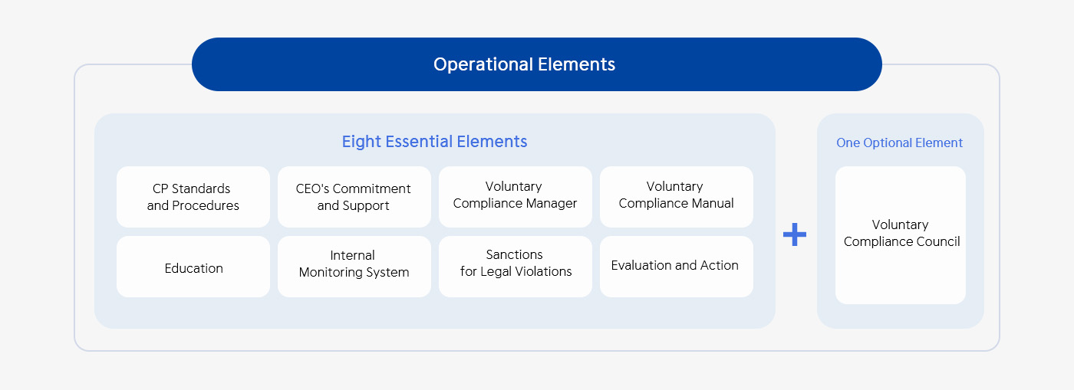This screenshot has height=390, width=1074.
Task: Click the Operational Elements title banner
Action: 536,64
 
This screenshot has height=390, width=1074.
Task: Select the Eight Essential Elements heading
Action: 434,142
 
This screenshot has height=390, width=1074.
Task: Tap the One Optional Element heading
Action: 899,143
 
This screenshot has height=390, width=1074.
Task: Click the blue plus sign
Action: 795,234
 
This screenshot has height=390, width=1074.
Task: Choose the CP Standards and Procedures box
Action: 193,197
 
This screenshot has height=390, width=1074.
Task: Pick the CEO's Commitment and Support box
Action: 354,197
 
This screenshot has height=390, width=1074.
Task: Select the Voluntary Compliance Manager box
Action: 516,197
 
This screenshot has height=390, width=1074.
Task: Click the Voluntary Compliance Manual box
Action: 677,197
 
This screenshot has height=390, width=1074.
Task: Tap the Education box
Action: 193,267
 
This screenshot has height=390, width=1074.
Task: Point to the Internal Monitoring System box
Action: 354,267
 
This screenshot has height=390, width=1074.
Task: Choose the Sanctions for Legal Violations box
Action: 516,267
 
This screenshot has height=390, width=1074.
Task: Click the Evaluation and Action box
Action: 677,267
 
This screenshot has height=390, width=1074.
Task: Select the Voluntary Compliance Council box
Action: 901,235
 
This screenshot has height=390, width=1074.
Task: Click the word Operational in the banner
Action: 483,64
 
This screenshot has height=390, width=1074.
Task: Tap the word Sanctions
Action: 515,254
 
